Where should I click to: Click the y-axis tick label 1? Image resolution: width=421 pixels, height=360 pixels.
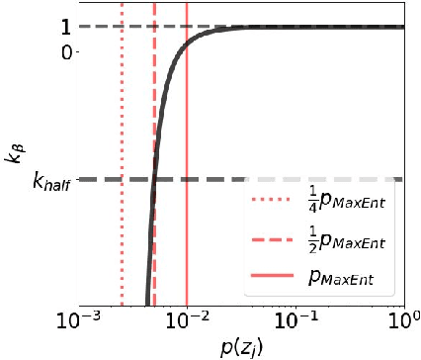(x=62, y=27)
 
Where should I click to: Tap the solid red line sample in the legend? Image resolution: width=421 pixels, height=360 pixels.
(x=270, y=285)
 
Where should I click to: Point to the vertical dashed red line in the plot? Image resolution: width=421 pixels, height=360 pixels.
(x=155, y=99)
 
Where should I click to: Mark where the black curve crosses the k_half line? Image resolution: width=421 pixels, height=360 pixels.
(x=153, y=180)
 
